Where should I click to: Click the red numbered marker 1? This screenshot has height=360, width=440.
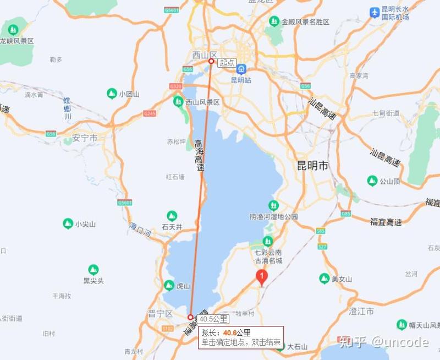coord(262,276)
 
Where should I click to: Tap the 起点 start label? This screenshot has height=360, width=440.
coord(227,63)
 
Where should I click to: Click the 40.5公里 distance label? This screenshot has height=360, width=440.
coord(213,319)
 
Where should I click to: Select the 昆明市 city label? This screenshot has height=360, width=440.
coord(312,165)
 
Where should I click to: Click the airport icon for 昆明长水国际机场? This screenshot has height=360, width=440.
coord(375,12)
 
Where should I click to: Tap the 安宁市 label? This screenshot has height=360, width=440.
coord(85,138)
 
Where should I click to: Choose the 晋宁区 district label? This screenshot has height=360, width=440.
coord(161,313)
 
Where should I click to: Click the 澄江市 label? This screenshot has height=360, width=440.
coord(361,312)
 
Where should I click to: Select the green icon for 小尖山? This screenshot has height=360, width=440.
coord(68,223)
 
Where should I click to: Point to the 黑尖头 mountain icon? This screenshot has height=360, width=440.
coord(94,270)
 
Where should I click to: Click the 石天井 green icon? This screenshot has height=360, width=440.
coord(172,216)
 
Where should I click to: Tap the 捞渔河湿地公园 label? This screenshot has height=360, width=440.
coord(273,217)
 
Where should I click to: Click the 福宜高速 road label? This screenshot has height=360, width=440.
coord(386,222)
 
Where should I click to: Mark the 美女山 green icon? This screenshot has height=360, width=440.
coord(324,279)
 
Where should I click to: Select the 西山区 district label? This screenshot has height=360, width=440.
coord(205,54)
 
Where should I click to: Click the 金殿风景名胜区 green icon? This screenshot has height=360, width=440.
coord(274,21)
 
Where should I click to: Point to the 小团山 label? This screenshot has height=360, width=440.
coord(129,94)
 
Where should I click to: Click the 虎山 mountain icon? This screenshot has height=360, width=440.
coord(169,285)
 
